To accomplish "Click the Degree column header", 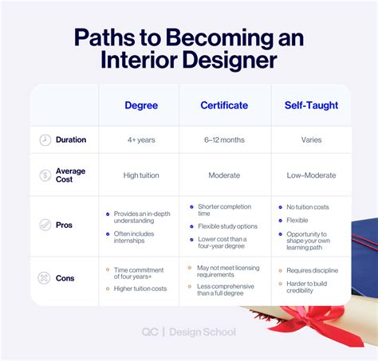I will point(140,105).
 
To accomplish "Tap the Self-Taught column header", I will point(311,105).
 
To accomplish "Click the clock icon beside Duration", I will point(45,140).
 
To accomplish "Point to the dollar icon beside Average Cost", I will point(45,175).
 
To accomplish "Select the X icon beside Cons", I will point(45,279).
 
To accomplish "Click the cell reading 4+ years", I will point(140,140).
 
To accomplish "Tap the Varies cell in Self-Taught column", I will point(311,140).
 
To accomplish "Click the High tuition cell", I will point(140,175).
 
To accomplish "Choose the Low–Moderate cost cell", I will point(311,175).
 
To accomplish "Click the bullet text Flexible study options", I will point(226,226).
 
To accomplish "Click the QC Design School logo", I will point(188,332).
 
